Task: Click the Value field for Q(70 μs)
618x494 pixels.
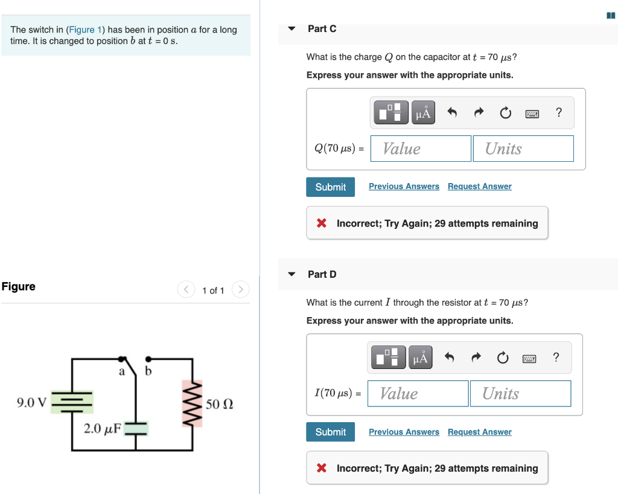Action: pyautogui.click(x=420, y=149)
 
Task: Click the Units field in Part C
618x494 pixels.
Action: pyautogui.click(x=523, y=149)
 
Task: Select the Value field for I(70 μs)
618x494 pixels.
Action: pyautogui.click(x=418, y=394)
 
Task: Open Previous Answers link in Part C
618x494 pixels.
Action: pyautogui.click(x=404, y=187)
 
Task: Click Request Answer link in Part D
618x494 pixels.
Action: pyautogui.click(x=479, y=432)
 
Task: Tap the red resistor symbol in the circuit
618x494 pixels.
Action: pyautogui.click(x=193, y=403)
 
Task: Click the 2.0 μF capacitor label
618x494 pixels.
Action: pyautogui.click(x=103, y=429)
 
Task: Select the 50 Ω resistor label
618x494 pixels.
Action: pyautogui.click(x=219, y=404)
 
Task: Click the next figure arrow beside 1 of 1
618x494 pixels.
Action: pyautogui.click(x=240, y=290)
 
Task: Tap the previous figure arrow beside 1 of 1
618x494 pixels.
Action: pyautogui.click(x=186, y=290)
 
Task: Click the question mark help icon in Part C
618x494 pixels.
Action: pyautogui.click(x=559, y=112)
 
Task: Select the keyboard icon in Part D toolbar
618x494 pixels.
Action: pyautogui.click(x=529, y=358)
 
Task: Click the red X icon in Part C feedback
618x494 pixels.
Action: pyautogui.click(x=322, y=223)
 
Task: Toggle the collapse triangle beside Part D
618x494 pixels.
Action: pyautogui.click(x=292, y=274)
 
